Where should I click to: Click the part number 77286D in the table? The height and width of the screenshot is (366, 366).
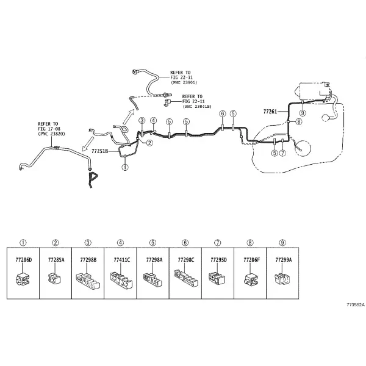[x=24, y=260]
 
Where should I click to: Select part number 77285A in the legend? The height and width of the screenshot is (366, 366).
[x=56, y=260]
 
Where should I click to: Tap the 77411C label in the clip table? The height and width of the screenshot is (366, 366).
[x=122, y=260]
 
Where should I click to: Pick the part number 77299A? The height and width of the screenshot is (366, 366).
[x=284, y=260]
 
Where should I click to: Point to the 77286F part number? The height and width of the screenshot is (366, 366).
[x=251, y=260]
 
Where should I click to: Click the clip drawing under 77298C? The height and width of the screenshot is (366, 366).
[x=186, y=278]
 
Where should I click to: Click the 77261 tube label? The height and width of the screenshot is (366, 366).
[x=270, y=112]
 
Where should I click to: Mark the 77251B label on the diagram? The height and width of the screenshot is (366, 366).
[x=99, y=151]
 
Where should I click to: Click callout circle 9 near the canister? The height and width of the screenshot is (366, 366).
[x=303, y=113]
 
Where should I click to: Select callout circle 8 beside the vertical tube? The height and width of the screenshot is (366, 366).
[x=299, y=121]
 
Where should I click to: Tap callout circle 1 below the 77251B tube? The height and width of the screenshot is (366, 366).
[x=125, y=167]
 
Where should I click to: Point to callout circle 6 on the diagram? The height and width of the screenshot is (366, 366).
[x=223, y=113]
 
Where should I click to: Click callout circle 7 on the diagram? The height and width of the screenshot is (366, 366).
[x=282, y=153]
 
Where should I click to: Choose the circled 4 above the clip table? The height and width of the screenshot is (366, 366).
[x=120, y=243]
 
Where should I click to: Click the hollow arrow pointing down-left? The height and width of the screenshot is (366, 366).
[x=88, y=145]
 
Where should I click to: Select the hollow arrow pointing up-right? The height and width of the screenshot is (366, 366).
[x=129, y=117]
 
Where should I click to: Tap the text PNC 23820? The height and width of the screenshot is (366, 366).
[x=51, y=134]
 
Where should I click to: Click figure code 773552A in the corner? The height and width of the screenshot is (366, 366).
[x=355, y=305]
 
